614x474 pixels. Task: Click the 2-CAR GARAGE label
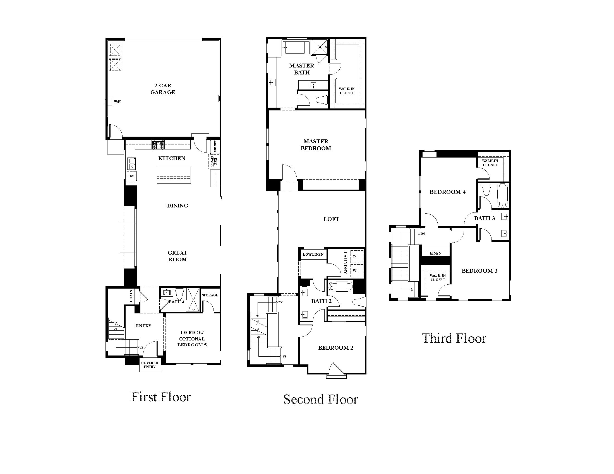pos(162,89)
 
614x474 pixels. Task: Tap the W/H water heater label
pos(117,102)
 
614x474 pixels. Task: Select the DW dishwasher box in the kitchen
pos(131,176)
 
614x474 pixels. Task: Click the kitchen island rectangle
pos(174,175)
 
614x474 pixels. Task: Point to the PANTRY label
pos(215,146)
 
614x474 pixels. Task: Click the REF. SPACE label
pos(214,162)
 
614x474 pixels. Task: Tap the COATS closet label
pos(131,296)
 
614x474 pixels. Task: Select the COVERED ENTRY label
pos(150,365)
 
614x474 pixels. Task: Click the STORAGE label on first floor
pos(210,295)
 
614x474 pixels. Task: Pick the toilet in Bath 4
pos(179,294)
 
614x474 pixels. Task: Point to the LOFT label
pos(331,219)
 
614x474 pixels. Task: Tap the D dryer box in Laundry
pos(355,257)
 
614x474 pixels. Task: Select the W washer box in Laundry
pos(355,271)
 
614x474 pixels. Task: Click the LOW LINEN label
pos(313,254)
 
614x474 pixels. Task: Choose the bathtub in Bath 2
pos(340,287)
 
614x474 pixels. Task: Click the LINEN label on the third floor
pos(435,253)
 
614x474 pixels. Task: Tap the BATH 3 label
pos(485,219)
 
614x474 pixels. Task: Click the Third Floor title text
pos(454,338)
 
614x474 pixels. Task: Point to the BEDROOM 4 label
pos(448,192)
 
